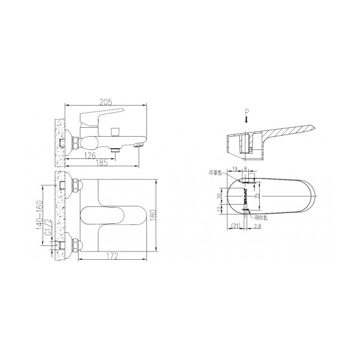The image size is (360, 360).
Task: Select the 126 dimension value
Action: click(91, 155)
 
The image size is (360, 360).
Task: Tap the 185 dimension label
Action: click(103, 163)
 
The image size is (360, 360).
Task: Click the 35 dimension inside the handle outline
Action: click(258, 196)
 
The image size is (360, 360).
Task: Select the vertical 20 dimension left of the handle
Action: click(220, 196)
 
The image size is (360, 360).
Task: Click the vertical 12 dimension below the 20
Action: click(220, 208)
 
